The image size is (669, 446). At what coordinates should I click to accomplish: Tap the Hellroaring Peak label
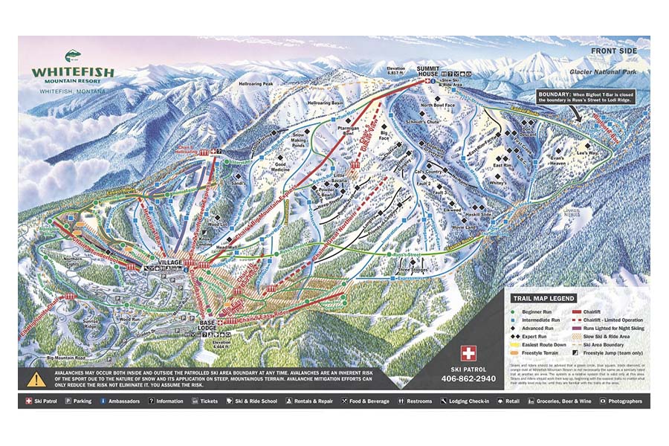coord(256,85)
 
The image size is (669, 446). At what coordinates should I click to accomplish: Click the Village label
coord(171,264)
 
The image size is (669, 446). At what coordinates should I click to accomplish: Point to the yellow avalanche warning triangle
coord(36,378)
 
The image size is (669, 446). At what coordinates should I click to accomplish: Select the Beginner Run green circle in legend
coord(514,311)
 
